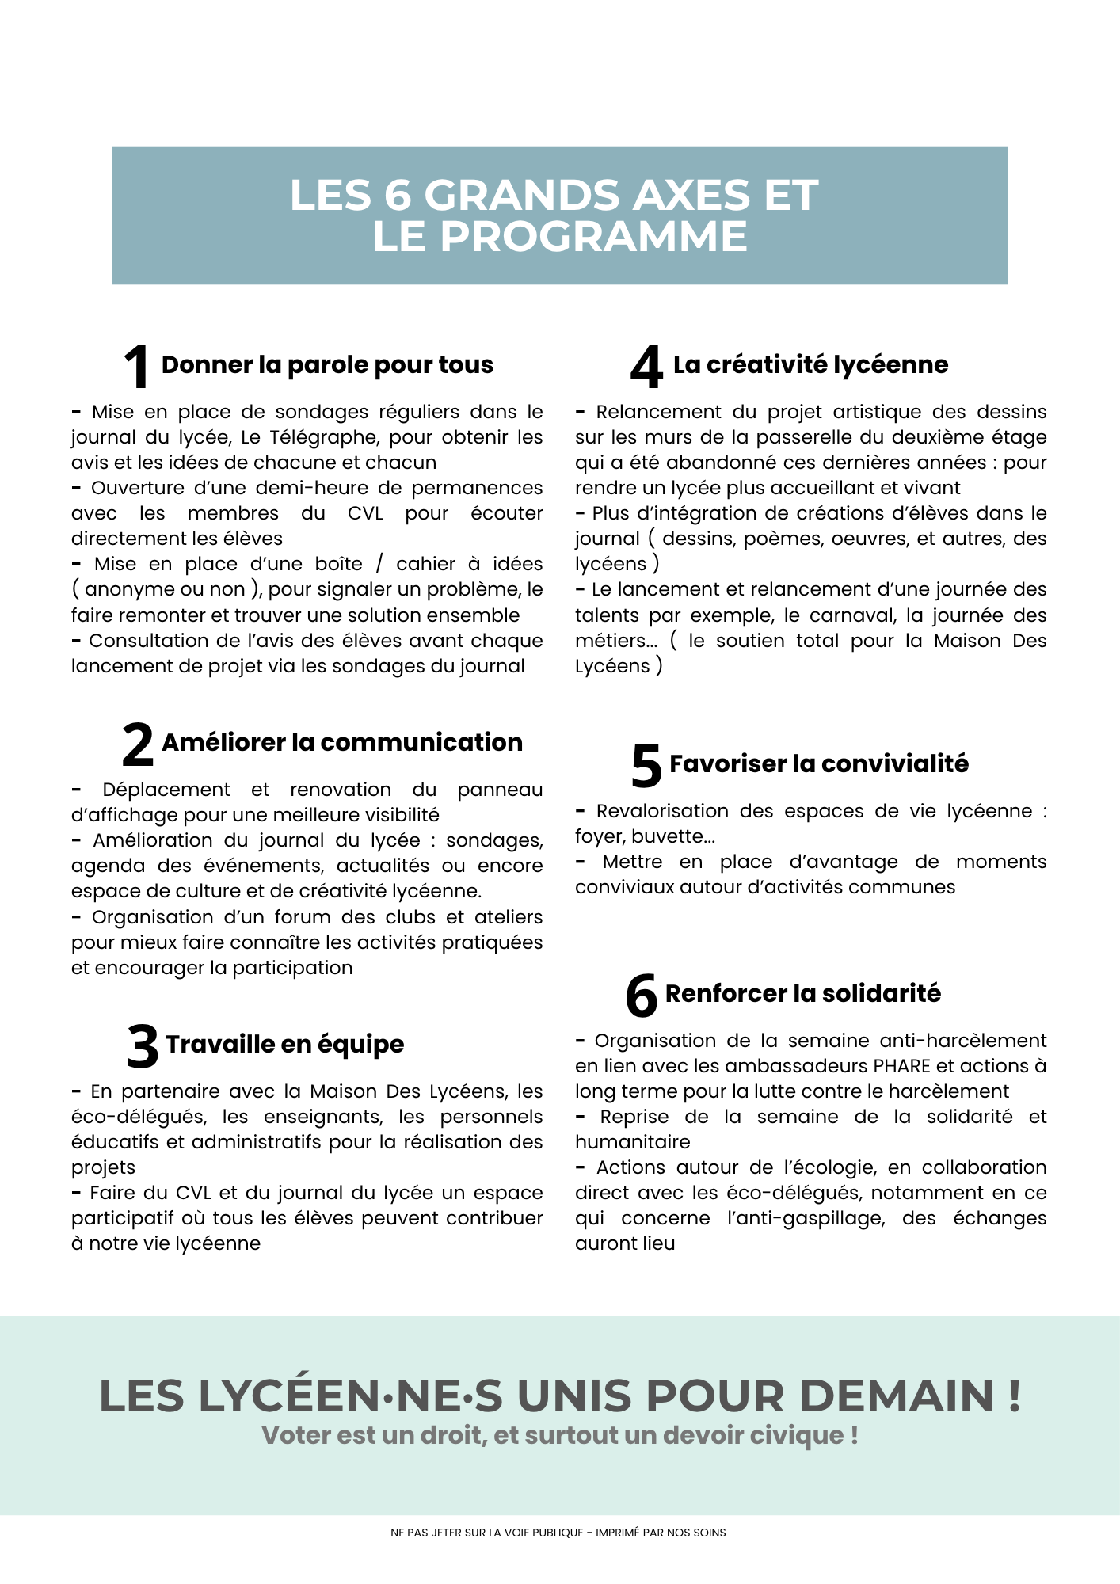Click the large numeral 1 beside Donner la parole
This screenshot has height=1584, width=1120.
pos(137,367)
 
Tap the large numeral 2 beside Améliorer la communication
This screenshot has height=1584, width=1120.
pos(138,744)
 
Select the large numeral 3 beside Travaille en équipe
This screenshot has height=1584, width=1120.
pos(143,1046)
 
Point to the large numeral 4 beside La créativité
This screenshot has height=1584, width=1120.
pos(646,367)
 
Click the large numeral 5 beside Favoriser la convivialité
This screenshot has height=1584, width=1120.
pos(646,766)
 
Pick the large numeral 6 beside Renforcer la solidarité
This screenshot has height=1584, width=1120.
pos(642,996)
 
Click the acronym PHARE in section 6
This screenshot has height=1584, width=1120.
pos(901,1066)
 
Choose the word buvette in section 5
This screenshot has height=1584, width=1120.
pos(672,836)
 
